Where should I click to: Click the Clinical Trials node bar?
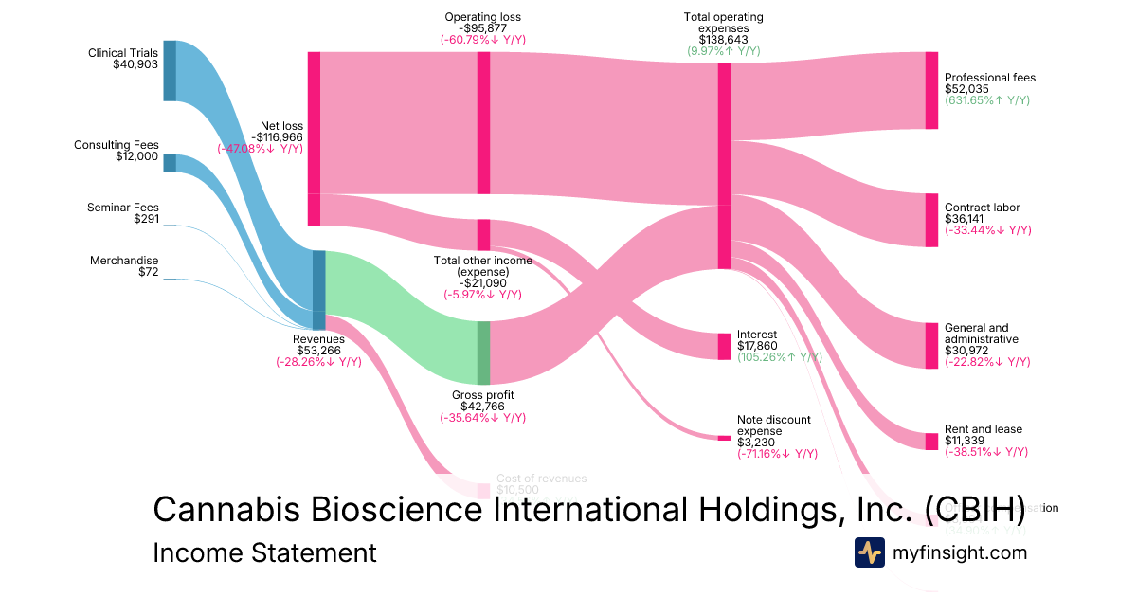(x=170, y=70)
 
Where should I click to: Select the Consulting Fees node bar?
(x=170, y=162)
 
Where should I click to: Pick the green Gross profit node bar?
(x=483, y=353)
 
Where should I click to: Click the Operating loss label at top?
(x=482, y=17)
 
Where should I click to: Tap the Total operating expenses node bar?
(x=724, y=166)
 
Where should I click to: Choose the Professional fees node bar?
(x=931, y=90)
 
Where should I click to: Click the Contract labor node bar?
(x=931, y=220)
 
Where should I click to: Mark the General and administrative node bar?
(x=931, y=345)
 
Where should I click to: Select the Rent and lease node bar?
(x=931, y=441)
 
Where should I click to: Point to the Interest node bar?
(x=724, y=346)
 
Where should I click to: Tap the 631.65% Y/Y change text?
(x=986, y=100)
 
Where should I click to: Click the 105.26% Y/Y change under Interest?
(x=779, y=357)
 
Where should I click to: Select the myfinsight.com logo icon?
(x=869, y=552)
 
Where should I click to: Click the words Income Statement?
(x=264, y=552)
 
